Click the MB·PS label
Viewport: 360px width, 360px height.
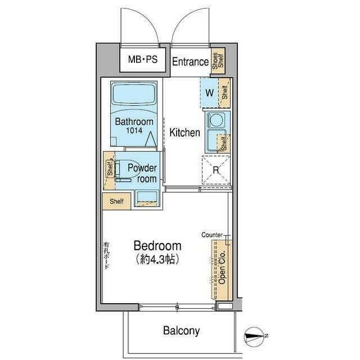tap(143, 60)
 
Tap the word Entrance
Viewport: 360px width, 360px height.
tap(190, 62)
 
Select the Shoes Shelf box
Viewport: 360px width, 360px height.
tap(218, 61)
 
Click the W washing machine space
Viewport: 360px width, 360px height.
tap(209, 93)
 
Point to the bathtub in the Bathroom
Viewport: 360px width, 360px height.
tap(134, 94)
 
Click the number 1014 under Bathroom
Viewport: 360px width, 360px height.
tap(134, 130)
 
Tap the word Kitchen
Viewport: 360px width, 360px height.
tap(184, 133)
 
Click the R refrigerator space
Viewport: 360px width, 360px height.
tap(216, 170)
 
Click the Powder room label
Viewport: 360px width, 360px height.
tap(142, 173)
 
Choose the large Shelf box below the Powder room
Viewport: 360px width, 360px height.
tap(116, 201)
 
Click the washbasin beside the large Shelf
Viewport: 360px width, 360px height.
tap(147, 198)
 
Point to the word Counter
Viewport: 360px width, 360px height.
tap(212, 235)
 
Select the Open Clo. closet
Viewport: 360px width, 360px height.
tap(222, 270)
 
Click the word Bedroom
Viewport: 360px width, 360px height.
tap(157, 246)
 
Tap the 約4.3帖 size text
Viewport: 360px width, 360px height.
tap(157, 259)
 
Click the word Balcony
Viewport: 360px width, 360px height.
tap(181, 331)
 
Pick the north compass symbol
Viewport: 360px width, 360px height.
tap(254, 336)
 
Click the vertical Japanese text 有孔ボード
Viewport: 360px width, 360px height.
tap(106, 255)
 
